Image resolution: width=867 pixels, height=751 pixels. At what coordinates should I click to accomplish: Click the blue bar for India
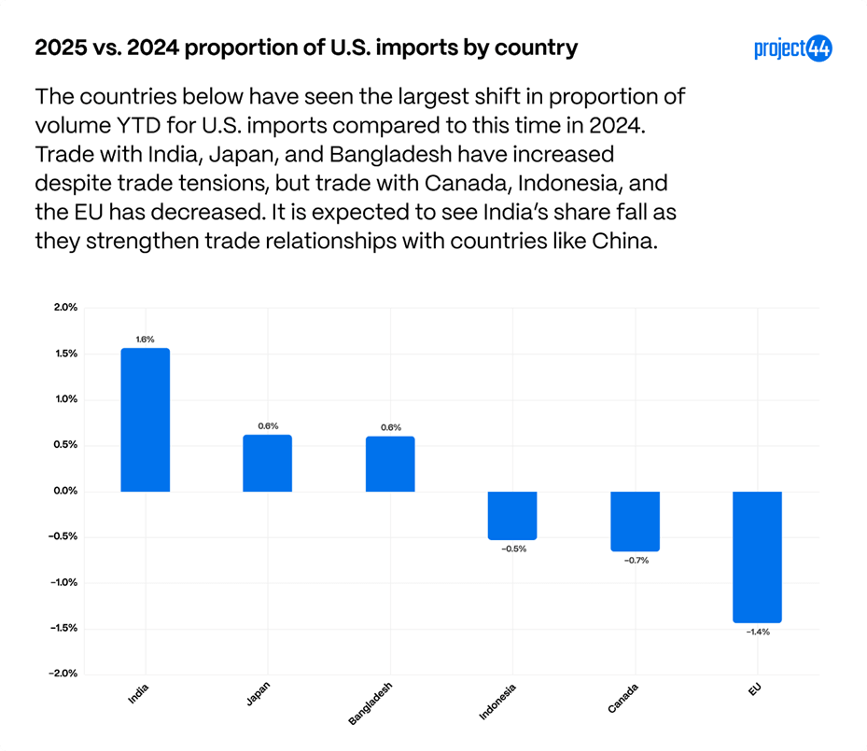click(x=145, y=420)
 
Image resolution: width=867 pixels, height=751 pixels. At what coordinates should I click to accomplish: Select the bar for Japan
click(x=267, y=463)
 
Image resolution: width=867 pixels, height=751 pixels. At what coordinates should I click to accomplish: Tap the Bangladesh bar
click(x=390, y=464)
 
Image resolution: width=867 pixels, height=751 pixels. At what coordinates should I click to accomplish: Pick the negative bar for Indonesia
click(x=512, y=515)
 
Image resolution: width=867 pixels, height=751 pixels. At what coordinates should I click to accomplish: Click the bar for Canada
click(x=635, y=521)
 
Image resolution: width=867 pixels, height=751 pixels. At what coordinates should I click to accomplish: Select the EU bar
click(x=757, y=556)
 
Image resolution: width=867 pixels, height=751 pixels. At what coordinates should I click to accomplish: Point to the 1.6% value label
click(x=145, y=340)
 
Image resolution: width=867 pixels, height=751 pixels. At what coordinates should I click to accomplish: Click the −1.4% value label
click(x=757, y=633)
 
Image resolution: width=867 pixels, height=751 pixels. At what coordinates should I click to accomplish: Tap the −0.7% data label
click(x=635, y=561)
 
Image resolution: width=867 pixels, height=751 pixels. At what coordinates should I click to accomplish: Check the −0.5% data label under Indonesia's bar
click(x=513, y=549)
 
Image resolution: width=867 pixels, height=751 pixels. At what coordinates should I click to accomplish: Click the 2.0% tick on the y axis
click(x=65, y=308)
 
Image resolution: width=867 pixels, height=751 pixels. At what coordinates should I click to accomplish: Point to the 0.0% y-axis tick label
click(x=65, y=491)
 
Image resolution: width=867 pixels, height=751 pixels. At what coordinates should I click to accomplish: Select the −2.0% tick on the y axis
click(x=63, y=674)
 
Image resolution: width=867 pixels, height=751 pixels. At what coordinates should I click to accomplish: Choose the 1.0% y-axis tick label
click(x=65, y=399)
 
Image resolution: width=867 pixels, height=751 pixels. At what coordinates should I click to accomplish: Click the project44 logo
click(x=792, y=49)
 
